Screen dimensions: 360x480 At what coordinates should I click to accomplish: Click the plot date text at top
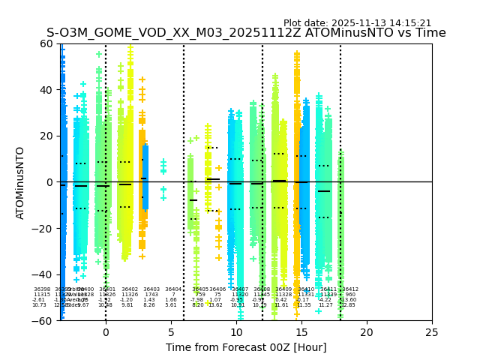click(x=357, y=23)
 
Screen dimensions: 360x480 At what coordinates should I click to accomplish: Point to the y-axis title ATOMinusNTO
click(x=21, y=182)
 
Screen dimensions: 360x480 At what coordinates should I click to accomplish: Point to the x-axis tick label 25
click(x=432, y=332)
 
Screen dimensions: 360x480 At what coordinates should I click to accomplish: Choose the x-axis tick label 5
click(x=171, y=332)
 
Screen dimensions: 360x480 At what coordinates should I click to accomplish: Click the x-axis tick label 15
click(x=301, y=332)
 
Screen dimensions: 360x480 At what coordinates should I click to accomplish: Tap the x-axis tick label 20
click(x=367, y=332)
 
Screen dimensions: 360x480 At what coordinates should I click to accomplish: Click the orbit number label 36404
click(x=173, y=289)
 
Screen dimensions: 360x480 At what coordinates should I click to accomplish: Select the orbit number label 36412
click(x=350, y=289)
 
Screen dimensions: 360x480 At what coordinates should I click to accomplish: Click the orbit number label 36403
click(x=151, y=289)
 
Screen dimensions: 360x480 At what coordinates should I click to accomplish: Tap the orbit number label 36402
click(x=130, y=289)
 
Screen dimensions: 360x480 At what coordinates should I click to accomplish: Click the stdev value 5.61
click(x=171, y=305)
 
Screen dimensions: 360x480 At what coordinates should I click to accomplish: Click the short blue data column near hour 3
click(x=145, y=177)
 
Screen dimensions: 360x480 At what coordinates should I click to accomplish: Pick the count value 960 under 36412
click(x=350, y=295)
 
